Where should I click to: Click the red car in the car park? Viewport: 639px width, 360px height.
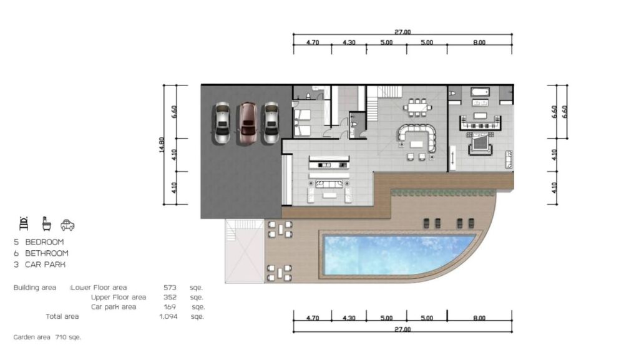(x=247, y=124)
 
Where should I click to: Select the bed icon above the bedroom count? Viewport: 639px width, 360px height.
(x=24, y=224)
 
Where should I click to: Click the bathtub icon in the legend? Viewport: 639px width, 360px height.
(x=47, y=224)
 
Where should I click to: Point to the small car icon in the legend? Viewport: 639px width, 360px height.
(x=67, y=225)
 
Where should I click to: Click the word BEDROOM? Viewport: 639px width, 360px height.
(x=44, y=242)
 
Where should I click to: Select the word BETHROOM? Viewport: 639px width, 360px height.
(x=47, y=253)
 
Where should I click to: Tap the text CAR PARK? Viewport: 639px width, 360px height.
(x=45, y=265)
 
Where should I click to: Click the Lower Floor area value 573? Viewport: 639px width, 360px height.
(x=170, y=288)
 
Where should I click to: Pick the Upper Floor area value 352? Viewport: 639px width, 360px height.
(x=170, y=297)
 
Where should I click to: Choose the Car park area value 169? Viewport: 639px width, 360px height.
(x=170, y=307)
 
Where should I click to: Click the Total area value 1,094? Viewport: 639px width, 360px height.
(x=168, y=316)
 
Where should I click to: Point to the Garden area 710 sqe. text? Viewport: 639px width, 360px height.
(x=47, y=337)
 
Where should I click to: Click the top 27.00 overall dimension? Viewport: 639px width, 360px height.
(x=402, y=32)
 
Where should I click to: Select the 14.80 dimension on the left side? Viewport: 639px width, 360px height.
(x=162, y=145)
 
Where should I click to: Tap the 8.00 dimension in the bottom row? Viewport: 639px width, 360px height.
(x=479, y=318)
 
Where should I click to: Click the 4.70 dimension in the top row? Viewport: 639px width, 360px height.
(x=313, y=42)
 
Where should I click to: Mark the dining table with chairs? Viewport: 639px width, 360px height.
(x=417, y=107)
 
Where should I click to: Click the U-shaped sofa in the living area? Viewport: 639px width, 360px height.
(x=417, y=138)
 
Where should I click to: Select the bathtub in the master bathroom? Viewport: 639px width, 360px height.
(x=480, y=92)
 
